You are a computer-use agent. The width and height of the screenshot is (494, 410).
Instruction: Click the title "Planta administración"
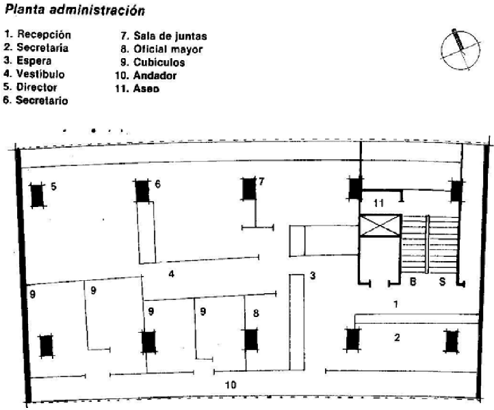pos(75,11)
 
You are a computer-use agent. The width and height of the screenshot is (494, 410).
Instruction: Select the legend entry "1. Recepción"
pos(38,35)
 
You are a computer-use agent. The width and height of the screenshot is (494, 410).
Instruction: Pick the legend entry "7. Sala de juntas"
pos(163,36)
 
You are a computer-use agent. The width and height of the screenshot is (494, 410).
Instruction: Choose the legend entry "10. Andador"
pos(146,75)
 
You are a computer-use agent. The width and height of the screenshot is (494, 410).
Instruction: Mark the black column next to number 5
pos(37,196)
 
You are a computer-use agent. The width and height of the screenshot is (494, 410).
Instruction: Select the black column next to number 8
pos(251,340)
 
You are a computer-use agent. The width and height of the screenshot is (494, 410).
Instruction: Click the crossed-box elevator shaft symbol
pos(379,226)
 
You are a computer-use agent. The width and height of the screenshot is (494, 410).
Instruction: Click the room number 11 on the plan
pos(380,203)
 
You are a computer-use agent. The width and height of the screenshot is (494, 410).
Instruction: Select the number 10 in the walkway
pos(231,385)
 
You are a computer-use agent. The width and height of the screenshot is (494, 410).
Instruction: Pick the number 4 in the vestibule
pos(172,275)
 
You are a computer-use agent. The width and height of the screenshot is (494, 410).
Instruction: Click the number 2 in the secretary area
pos(396,337)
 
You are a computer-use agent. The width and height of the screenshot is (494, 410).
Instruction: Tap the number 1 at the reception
pos(395,303)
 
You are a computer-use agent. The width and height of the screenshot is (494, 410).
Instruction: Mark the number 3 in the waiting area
pos(311,276)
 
